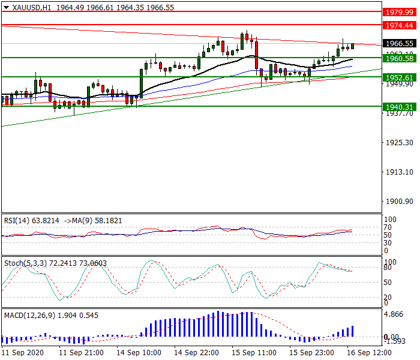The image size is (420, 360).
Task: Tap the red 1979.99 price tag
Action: [400, 12]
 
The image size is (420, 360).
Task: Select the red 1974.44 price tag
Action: [400, 25]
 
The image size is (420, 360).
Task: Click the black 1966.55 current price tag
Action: [400, 44]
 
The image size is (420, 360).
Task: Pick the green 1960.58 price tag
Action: [400, 58]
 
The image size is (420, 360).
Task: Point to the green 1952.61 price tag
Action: [400, 77]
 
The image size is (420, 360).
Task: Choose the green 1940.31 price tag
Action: [400, 107]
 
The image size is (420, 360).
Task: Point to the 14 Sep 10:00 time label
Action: [140, 353]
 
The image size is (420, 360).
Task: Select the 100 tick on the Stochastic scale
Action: [390, 262]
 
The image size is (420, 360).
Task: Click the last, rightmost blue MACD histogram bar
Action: [352, 331]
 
